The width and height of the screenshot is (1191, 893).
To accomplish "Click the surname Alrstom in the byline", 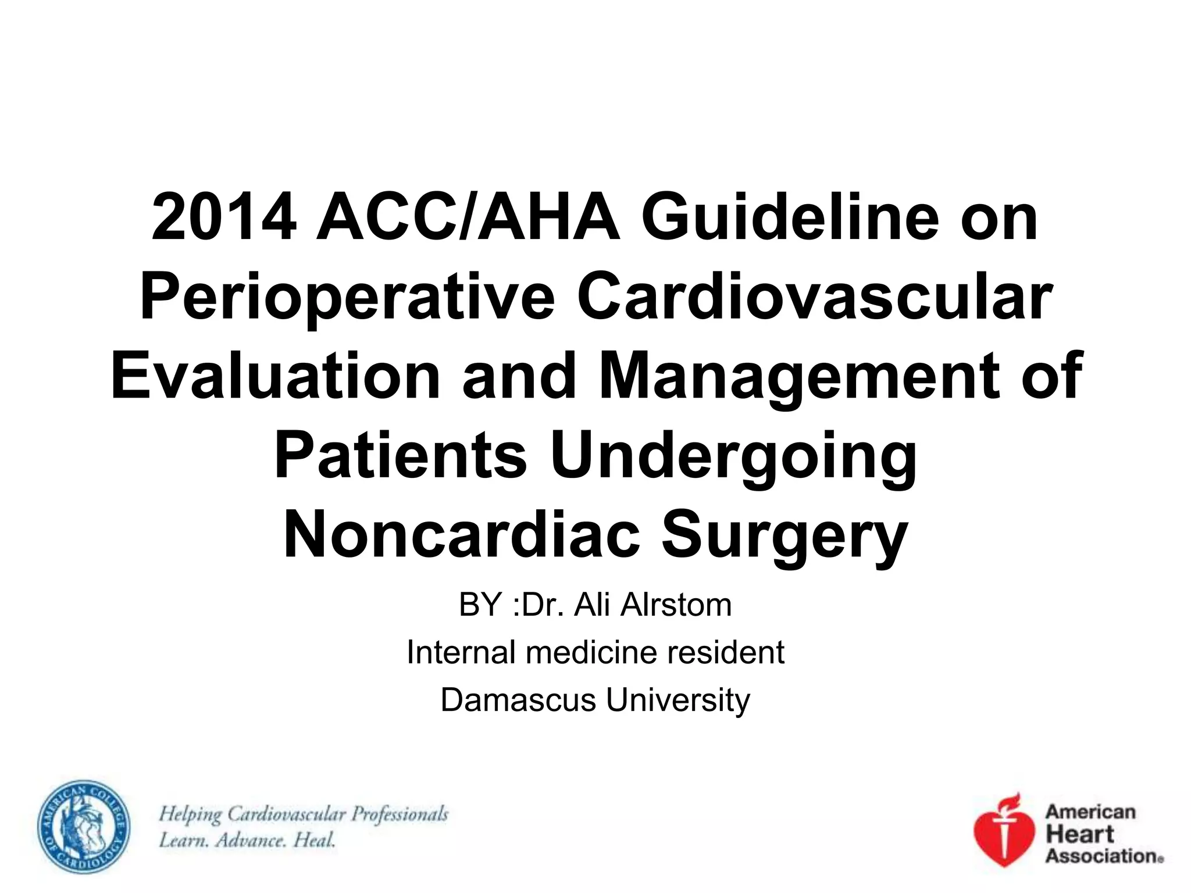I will [675, 605].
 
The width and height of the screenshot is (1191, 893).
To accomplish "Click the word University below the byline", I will [678, 700].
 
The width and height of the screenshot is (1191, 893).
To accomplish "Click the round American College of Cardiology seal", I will [84, 826].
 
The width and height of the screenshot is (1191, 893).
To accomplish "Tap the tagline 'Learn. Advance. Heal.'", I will [247, 840].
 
